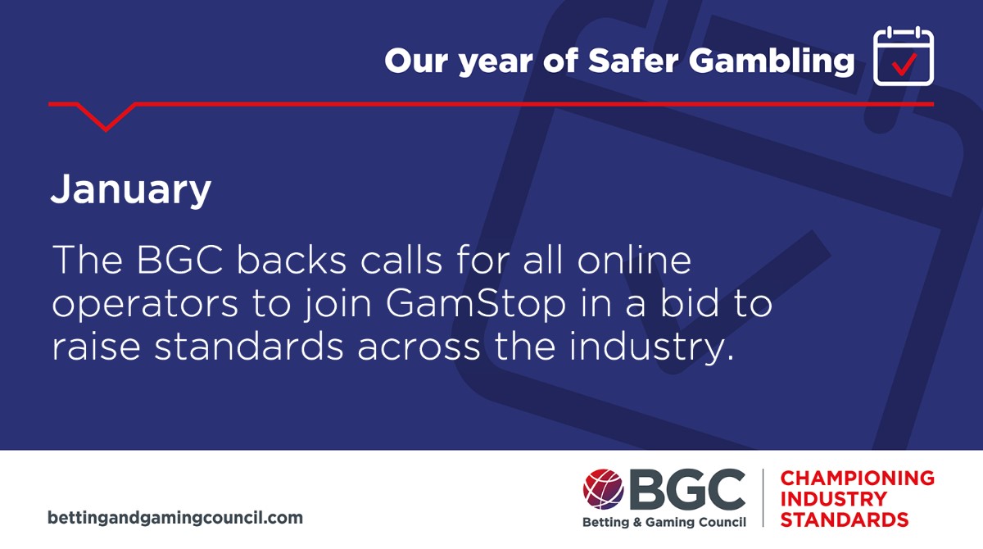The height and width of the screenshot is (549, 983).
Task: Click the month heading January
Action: [x=131, y=190]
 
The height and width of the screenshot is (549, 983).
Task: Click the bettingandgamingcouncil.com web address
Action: [x=175, y=518]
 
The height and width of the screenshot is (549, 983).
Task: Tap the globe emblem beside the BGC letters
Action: [x=604, y=489]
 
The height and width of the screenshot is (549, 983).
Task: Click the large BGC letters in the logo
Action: [x=686, y=489]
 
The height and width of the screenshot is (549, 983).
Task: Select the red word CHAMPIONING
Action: [x=857, y=478]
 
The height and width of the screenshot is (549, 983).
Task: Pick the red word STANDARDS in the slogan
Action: [x=844, y=520]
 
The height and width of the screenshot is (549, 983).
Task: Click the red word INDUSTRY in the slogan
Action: [x=833, y=499]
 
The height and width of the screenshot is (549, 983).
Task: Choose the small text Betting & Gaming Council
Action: [x=664, y=523]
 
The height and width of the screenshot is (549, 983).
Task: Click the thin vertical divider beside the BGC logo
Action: [x=763, y=497]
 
